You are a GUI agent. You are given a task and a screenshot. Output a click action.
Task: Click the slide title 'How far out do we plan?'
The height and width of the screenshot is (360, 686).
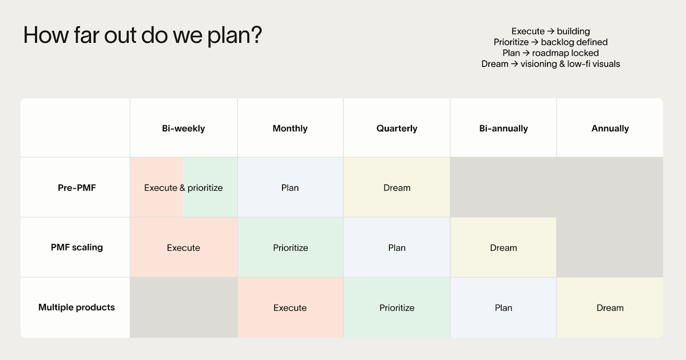click(142, 35)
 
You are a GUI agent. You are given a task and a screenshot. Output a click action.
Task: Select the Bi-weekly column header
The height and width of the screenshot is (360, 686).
click(183, 128)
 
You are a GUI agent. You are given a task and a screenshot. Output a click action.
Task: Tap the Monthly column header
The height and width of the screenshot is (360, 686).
click(290, 128)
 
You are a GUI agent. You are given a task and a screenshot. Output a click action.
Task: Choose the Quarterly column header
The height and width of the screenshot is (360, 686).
click(397, 128)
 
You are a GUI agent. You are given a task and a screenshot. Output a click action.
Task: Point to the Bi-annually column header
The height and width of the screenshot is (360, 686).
click(503, 128)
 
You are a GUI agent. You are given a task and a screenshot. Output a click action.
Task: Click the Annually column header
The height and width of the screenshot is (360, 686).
click(610, 128)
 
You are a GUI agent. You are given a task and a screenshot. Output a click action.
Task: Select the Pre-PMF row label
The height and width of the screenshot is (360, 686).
click(77, 187)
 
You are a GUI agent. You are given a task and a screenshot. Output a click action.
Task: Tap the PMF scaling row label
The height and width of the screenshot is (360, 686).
click(77, 247)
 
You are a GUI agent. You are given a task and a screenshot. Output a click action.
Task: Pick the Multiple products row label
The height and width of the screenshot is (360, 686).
click(77, 307)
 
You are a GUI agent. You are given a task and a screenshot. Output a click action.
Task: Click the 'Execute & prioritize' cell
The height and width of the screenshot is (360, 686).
click(183, 188)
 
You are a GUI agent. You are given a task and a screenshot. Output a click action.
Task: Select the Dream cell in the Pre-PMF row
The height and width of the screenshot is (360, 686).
click(397, 188)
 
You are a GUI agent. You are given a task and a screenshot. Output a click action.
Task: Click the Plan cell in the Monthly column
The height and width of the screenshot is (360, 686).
click(290, 188)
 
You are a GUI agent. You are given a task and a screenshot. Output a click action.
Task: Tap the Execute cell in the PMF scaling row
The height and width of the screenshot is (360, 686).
click(183, 248)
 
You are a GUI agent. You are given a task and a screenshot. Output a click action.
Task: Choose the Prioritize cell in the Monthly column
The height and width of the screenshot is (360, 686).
click(290, 248)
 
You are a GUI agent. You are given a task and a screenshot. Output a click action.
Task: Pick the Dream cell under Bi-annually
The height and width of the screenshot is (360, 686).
click(503, 248)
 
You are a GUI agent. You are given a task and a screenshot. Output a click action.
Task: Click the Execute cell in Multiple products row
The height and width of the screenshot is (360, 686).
click(290, 308)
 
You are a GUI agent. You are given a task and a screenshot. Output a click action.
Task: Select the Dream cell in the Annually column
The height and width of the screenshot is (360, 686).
click(610, 308)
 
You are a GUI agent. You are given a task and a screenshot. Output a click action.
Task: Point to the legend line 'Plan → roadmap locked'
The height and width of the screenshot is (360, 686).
click(551, 53)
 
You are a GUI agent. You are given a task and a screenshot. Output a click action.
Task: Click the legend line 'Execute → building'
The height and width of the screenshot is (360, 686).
click(551, 31)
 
